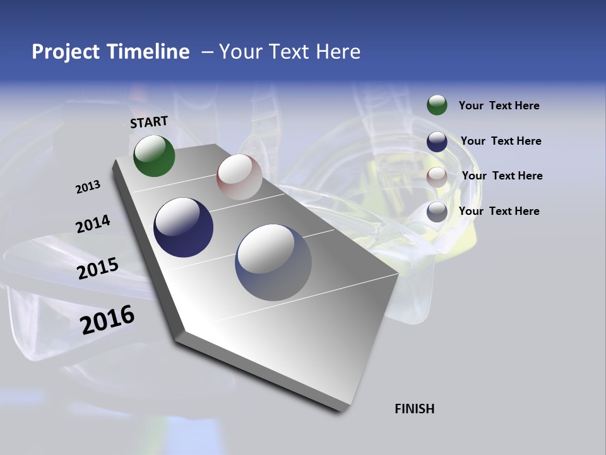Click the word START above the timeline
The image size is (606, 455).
click(149, 122)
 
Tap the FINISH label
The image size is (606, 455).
click(415, 409)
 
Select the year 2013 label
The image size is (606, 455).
click(88, 187)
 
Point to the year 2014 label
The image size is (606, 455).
click(93, 224)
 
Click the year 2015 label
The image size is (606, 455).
click(97, 269)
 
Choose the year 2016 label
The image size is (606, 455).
click(107, 320)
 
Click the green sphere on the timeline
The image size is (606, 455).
click(154, 155)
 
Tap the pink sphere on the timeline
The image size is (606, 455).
click(239, 177)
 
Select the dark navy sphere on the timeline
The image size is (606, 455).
click(183, 227)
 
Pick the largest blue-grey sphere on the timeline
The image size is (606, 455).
click(273, 262)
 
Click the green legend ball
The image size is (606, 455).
click(437, 105)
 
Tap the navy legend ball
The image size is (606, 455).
click(437, 141)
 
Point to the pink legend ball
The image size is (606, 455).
click(437, 176)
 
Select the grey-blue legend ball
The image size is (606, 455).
click(437, 212)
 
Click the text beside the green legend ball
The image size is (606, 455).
click(499, 106)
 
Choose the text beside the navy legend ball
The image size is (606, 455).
click(501, 141)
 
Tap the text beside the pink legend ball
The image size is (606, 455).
click(502, 176)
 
